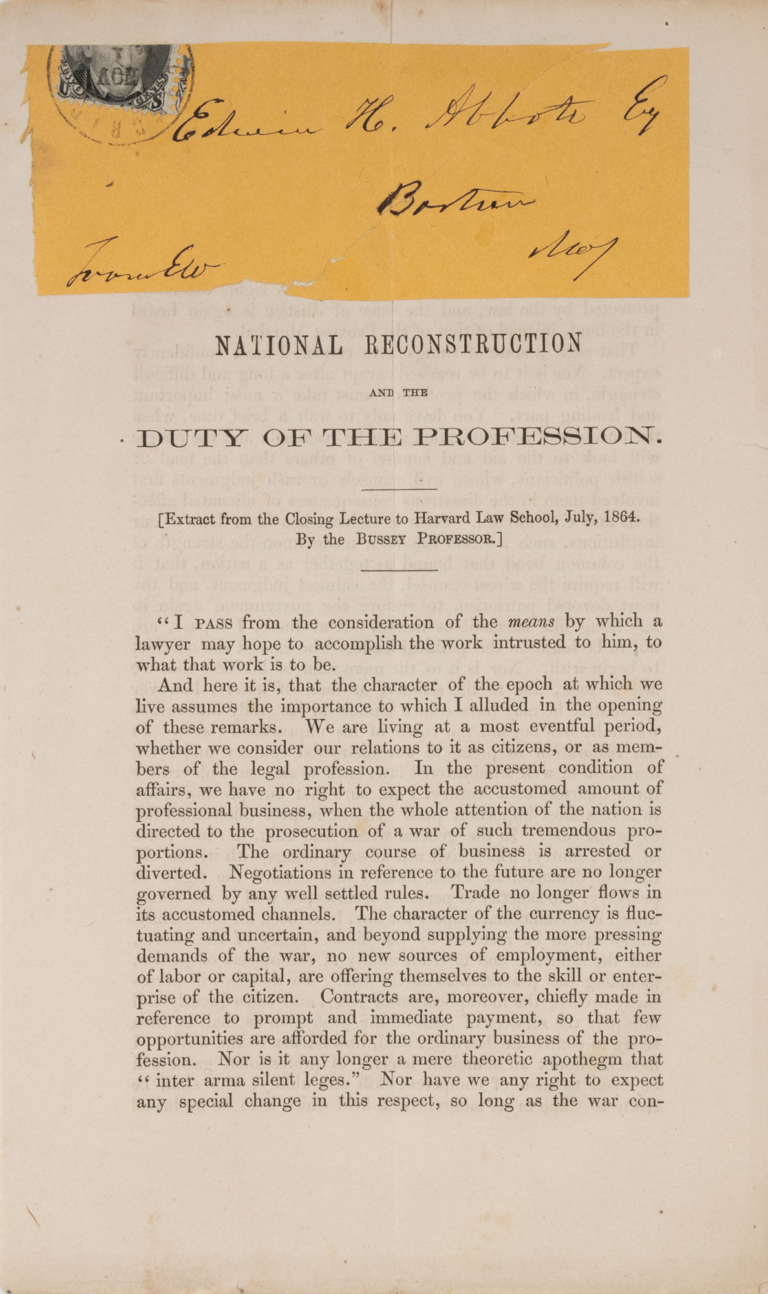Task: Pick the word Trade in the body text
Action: (475, 893)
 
